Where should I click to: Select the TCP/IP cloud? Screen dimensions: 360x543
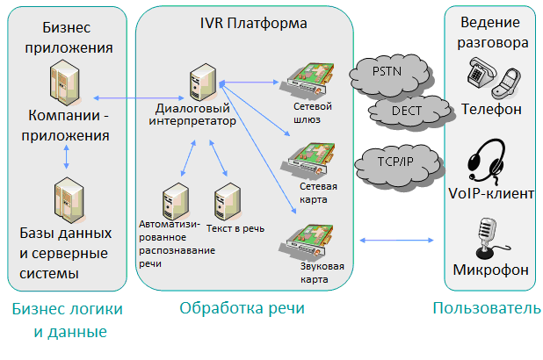click(393, 162)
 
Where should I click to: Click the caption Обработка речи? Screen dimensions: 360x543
click(242, 308)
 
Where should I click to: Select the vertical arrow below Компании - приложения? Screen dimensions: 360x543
click(68, 158)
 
